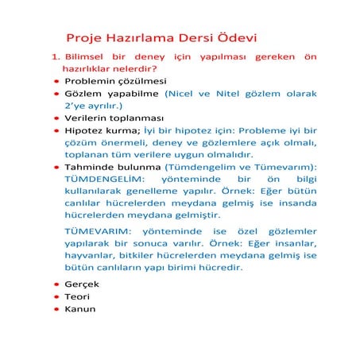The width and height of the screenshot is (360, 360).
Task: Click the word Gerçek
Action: click(x=82, y=284)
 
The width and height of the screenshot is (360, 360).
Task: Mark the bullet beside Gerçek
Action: click(x=57, y=285)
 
